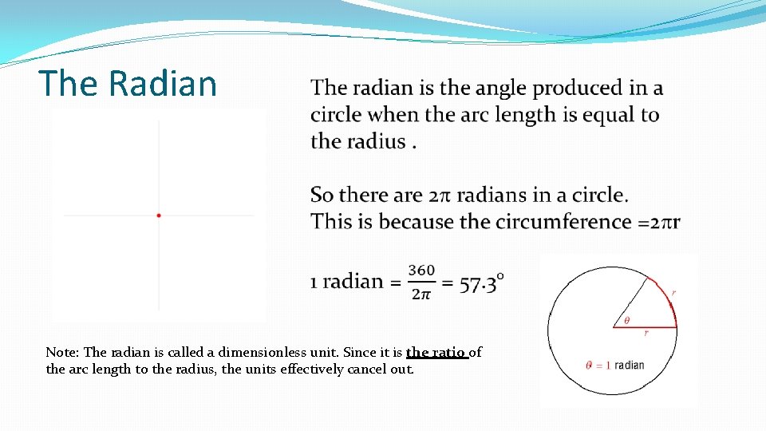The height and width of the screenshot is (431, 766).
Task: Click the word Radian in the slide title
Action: [x=163, y=83]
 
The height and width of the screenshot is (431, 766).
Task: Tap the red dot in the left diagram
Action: [x=159, y=215]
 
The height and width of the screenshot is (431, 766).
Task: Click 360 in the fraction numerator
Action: [x=421, y=271]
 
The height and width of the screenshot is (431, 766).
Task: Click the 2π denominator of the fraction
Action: [x=421, y=295]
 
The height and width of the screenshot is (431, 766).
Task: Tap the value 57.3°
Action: [x=482, y=282]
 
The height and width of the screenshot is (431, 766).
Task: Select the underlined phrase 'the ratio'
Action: [x=436, y=352]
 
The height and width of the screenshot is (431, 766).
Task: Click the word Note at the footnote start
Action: [x=61, y=352]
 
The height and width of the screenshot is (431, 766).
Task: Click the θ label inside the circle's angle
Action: [x=626, y=320]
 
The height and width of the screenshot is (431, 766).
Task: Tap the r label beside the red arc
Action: [x=674, y=294]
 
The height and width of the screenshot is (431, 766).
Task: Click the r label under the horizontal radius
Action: [x=646, y=333]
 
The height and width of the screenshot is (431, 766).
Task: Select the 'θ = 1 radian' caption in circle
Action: [x=614, y=365]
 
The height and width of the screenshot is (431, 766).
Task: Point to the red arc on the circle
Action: [x=669, y=298]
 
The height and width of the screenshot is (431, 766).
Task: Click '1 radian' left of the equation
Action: [x=346, y=281]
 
